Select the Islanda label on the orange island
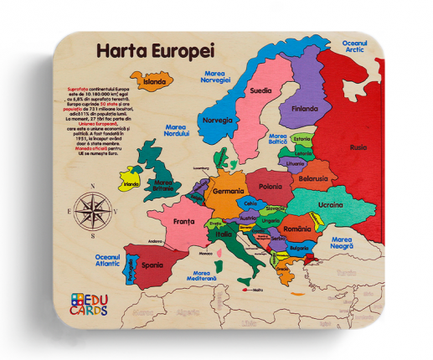pyautogui.click(x=154, y=82)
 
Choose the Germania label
pyautogui.click(x=228, y=192)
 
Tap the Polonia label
pyautogui.click(x=271, y=187)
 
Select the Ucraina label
pyautogui.click(x=329, y=204)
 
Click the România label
pyautogui.click(x=296, y=229)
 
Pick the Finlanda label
pyautogui.click(x=304, y=108)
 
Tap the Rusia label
pyautogui.click(x=358, y=147)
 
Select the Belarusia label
pyautogui.click(x=313, y=178)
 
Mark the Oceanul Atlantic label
pyautogui.click(x=107, y=260)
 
